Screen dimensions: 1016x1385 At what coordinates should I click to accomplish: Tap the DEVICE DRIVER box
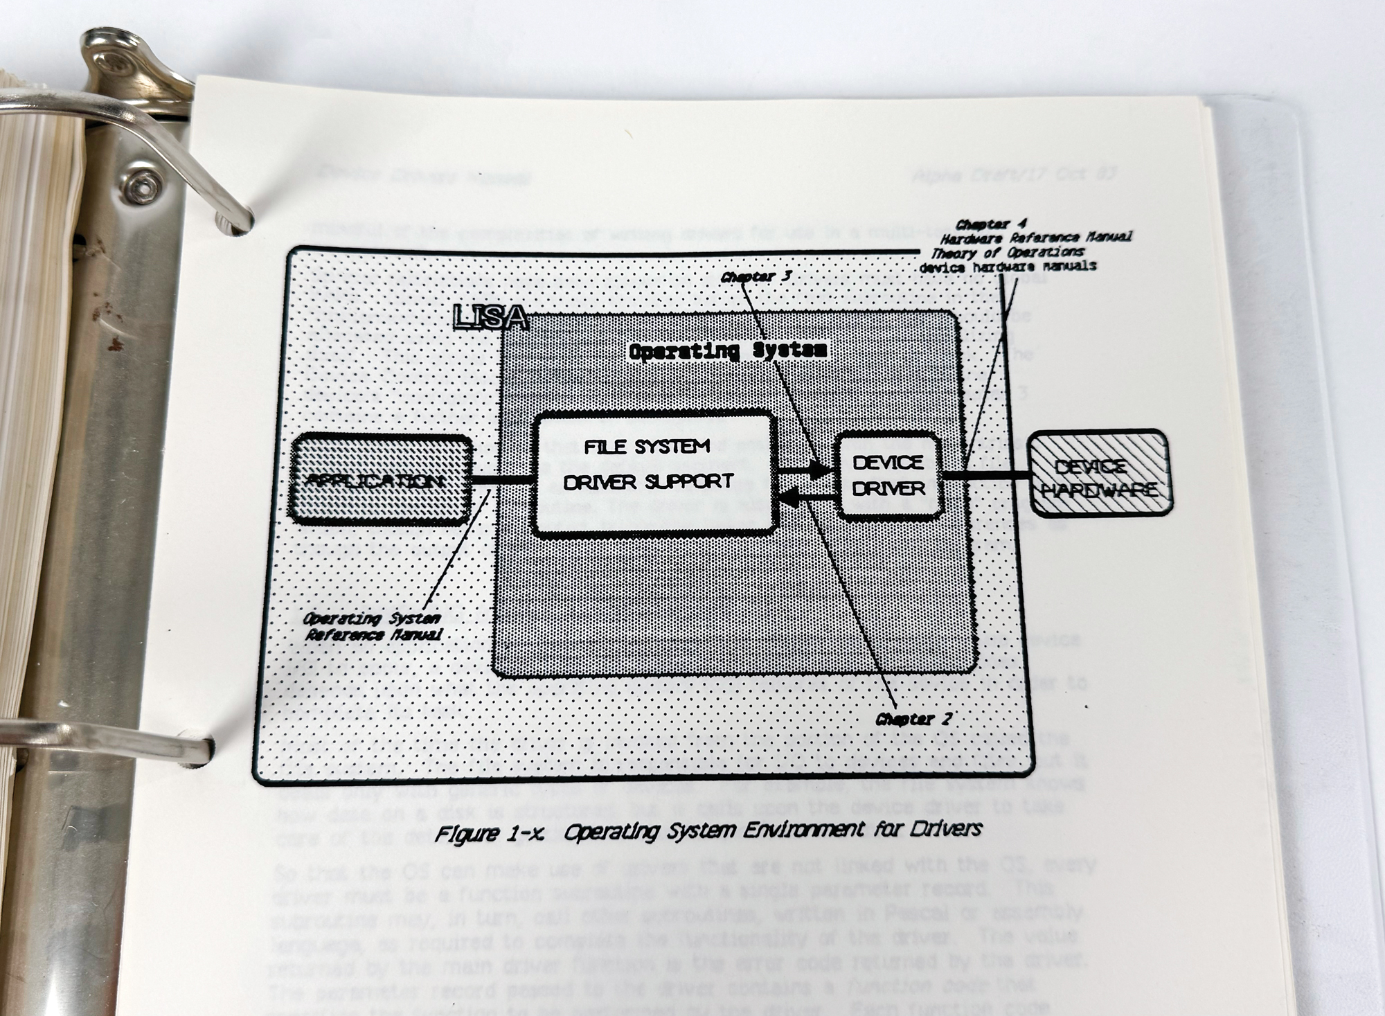(x=888, y=476)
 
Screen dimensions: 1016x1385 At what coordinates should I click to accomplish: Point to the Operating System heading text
(x=727, y=351)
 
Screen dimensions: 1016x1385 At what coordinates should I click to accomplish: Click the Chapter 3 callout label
(x=756, y=277)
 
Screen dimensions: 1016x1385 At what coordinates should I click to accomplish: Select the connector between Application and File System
(x=501, y=479)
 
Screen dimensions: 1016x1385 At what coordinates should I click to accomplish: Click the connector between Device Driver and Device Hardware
(x=986, y=476)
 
